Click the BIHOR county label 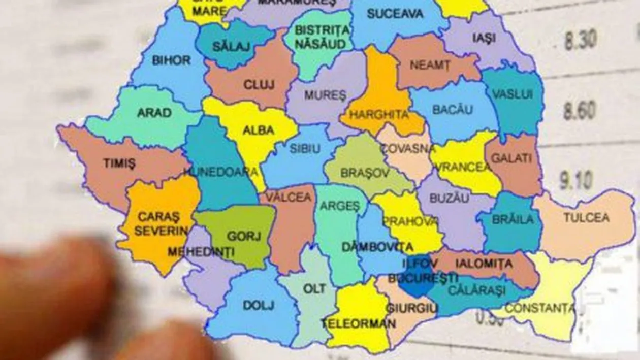[171, 60]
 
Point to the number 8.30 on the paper [581, 40]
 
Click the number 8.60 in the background [579, 110]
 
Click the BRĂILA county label [513, 220]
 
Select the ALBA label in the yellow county [259, 130]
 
